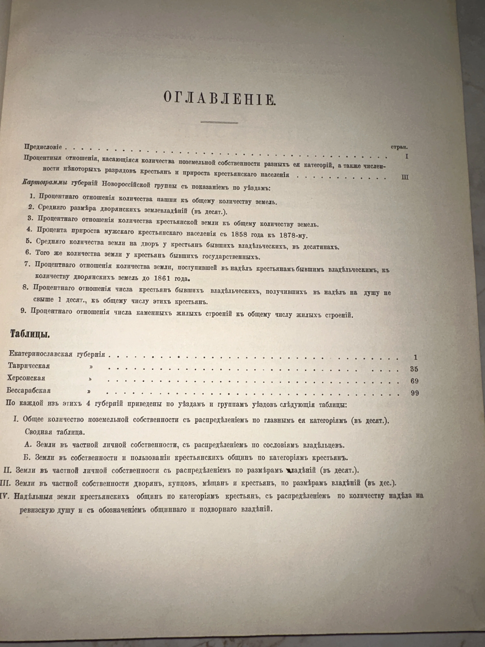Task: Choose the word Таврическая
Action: pyautogui.click(x=29, y=366)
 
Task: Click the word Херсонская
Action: pyautogui.click(x=26, y=378)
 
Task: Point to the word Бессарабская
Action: pyautogui.click(x=29, y=390)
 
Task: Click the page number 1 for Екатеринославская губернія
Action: pyautogui.click(x=416, y=357)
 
